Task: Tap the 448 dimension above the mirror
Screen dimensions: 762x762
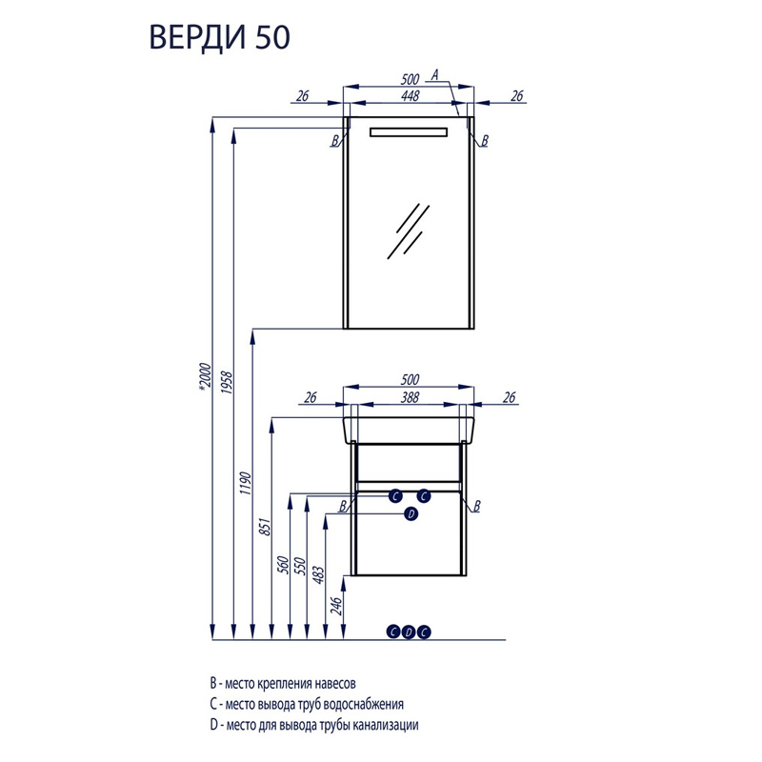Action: (x=411, y=95)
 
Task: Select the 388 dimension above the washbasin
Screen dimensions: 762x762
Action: (x=411, y=398)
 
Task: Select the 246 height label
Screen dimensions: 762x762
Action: (x=335, y=607)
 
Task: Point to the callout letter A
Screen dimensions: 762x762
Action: (x=434, y=74)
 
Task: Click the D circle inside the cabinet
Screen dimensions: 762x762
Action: (x=411, y=513)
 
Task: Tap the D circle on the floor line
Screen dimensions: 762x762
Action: (x=409, y=632)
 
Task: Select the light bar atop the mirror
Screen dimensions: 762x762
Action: (x=409, y=130)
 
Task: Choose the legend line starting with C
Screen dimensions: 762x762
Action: (x=307, y=704)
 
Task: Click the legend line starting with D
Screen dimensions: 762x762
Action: (x=314, y=726)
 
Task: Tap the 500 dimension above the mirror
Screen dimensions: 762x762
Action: (x=411, y=81)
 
